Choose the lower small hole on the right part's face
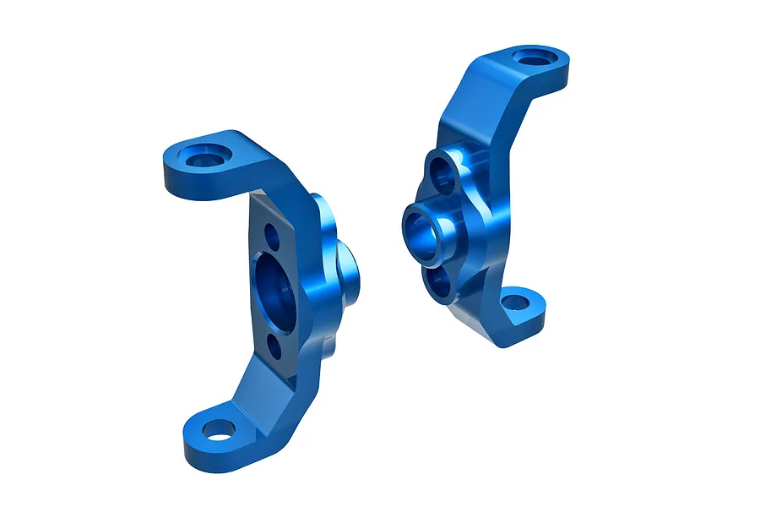pos(440,282)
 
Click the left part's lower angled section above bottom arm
pos(262,389)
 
